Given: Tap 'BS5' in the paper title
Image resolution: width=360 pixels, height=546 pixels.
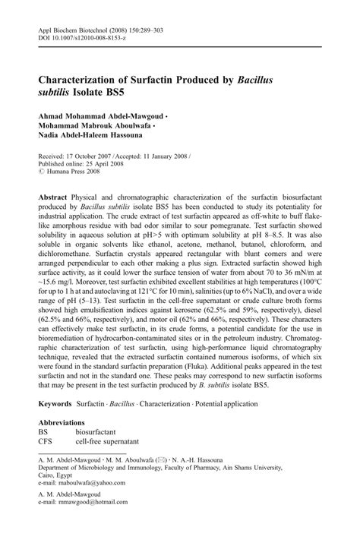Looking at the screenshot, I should click(118, 92).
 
